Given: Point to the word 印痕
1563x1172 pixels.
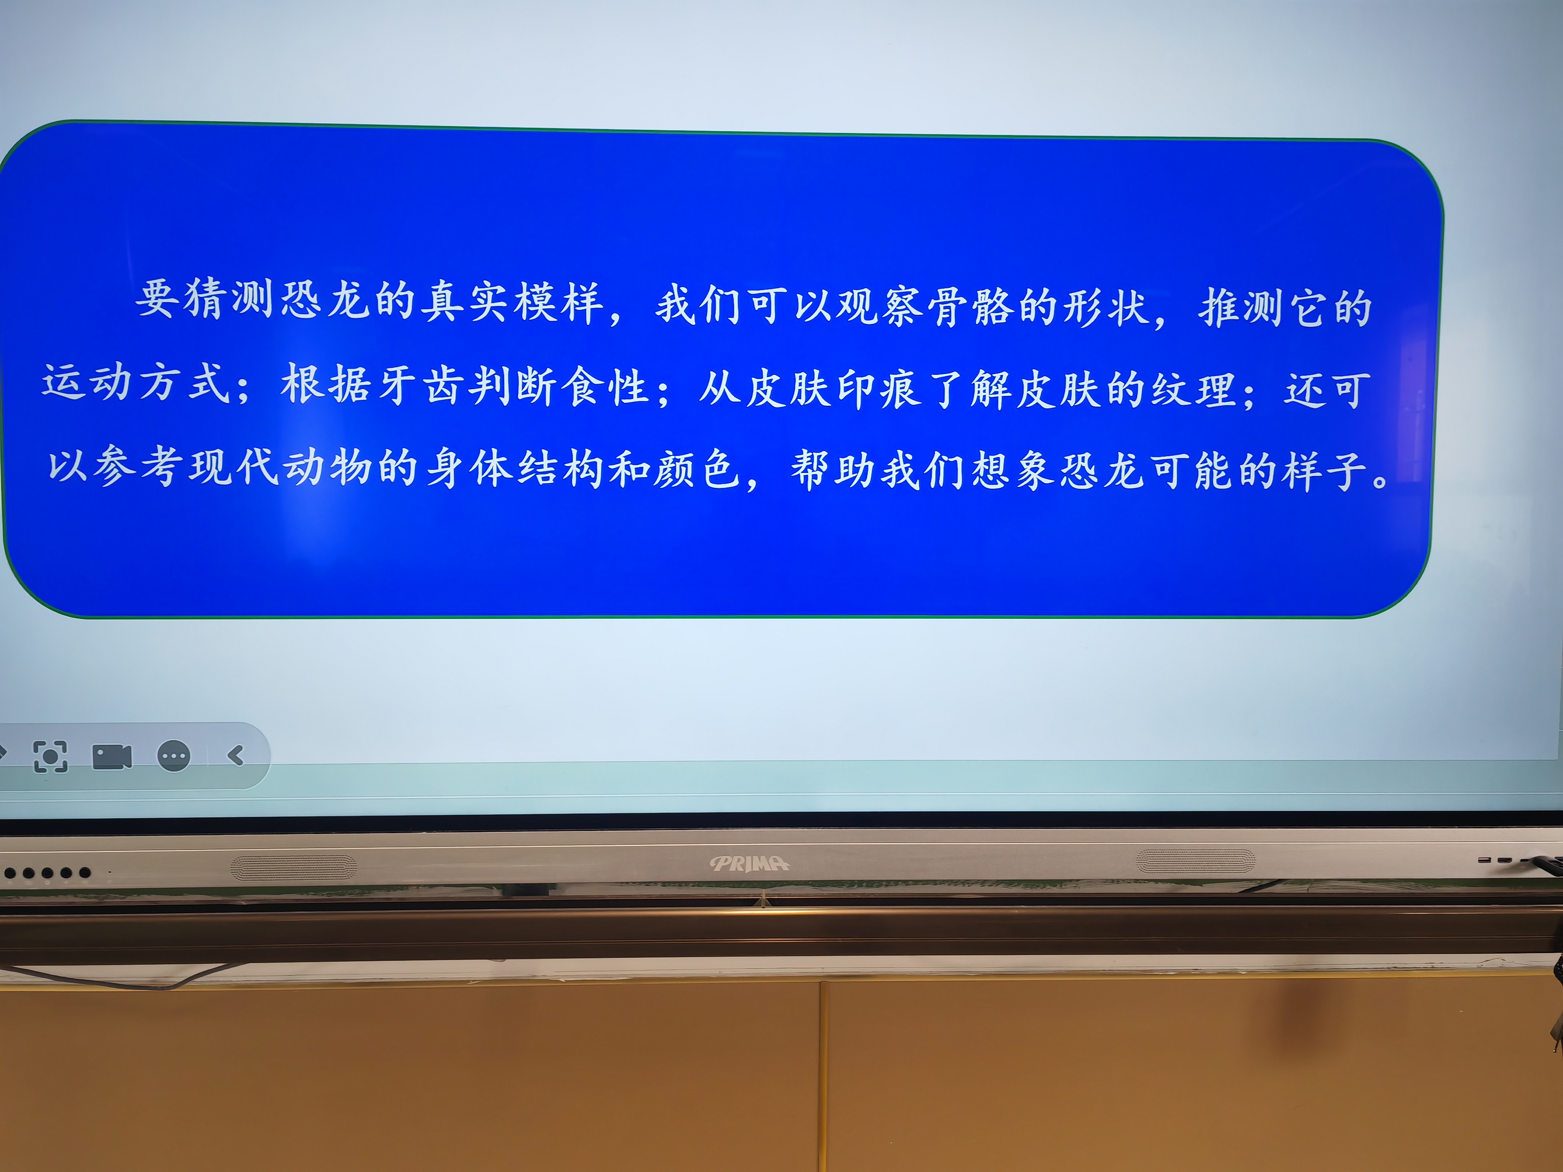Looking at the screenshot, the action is pyautogui.click(x=879, y=389).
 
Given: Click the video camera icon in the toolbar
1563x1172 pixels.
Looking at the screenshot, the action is pyautogui.click(x=112, y=757).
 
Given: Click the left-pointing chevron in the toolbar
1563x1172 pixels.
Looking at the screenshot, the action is pyautogui.click(x=236, y=756).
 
